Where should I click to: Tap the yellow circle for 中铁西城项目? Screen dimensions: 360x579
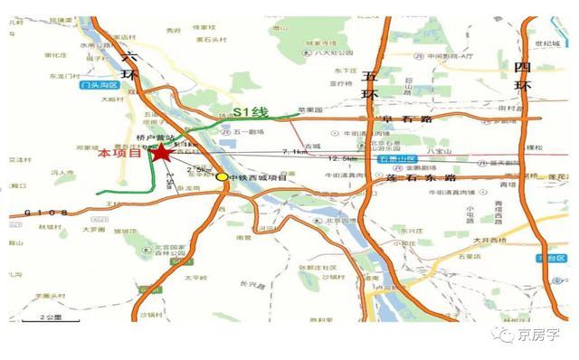[223, 177]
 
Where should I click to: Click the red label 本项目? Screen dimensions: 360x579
[120, 155]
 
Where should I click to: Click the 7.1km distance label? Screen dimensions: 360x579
[297, 152]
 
